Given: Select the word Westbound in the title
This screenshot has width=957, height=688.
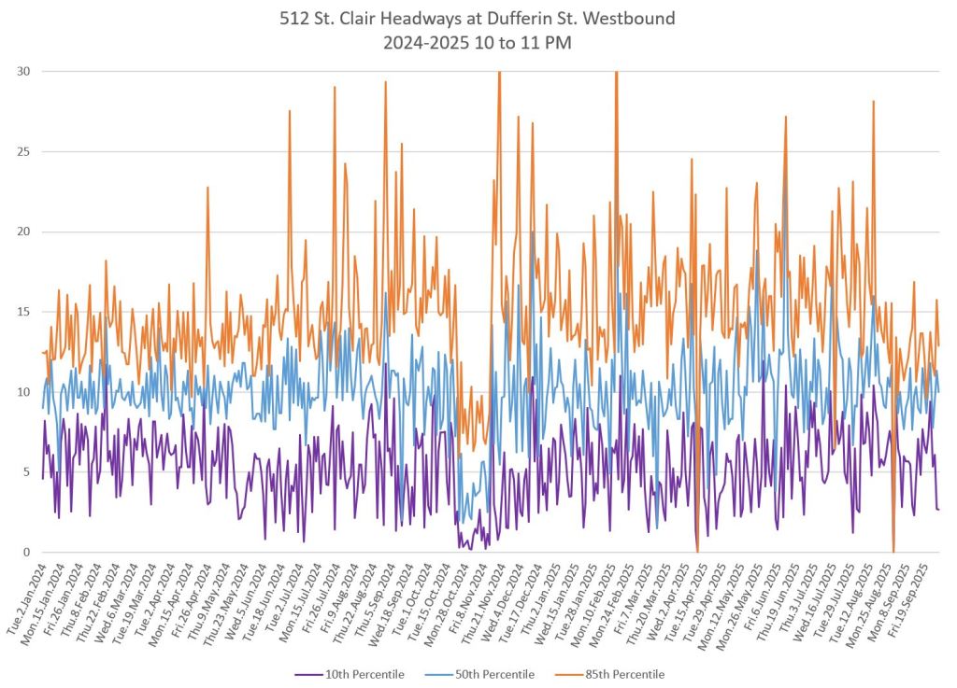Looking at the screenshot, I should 631,18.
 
